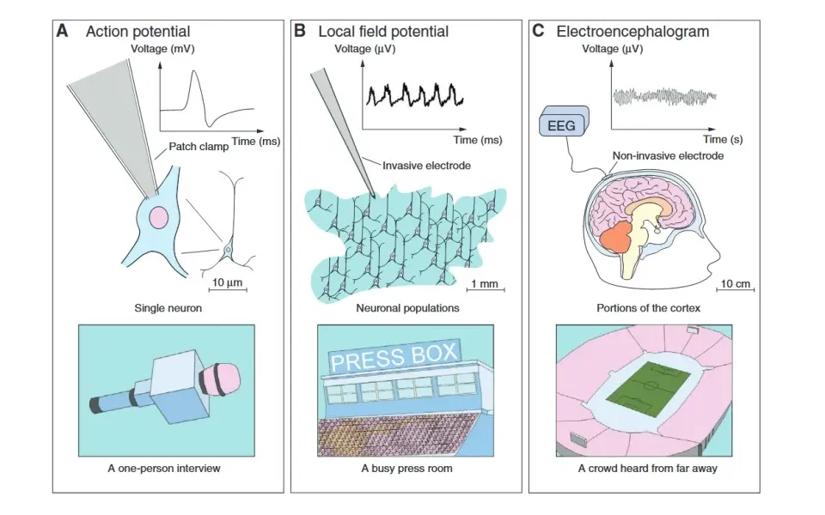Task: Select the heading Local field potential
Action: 382,32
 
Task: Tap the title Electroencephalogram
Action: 632,32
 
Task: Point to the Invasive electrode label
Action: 427,165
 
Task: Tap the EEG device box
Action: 562,125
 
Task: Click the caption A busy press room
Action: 406,469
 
